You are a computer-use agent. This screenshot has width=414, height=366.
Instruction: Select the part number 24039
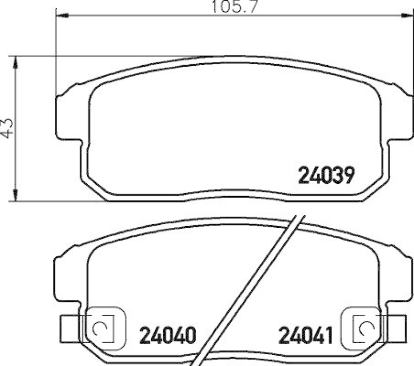[326, 176]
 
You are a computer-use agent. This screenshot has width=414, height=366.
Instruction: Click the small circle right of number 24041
[365, 327]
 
